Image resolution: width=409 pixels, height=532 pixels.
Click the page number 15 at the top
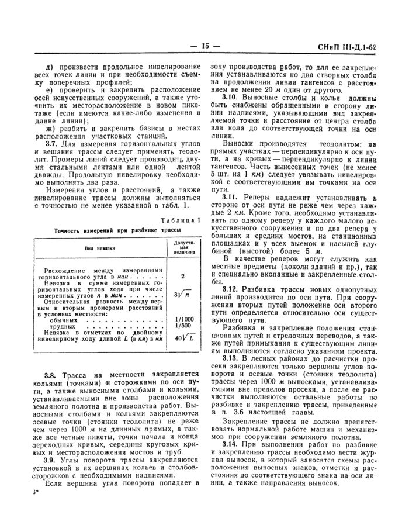click(x=204, y=46)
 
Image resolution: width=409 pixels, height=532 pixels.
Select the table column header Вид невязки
click(x=99, y=248)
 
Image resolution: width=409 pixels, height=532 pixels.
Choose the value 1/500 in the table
click(x=182, y=326)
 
